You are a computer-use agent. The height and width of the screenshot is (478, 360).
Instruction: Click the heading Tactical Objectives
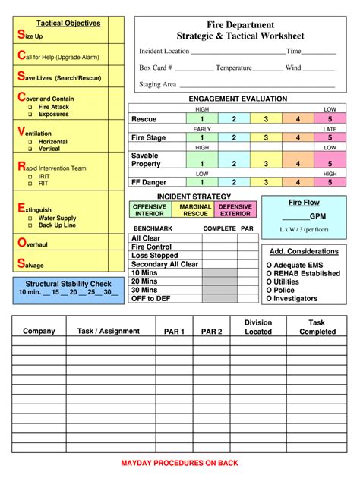68,24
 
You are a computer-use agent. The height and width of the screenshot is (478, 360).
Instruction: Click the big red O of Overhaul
21,242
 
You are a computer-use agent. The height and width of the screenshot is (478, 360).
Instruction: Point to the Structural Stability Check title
69,284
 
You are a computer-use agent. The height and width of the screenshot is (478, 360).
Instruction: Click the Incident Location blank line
237,52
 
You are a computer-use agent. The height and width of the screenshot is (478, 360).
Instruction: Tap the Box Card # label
156,68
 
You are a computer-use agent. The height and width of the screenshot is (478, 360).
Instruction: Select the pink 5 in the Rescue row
330,119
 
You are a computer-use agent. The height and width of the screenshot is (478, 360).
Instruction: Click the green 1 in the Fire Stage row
201,138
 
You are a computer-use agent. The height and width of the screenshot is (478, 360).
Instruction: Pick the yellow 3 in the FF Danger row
266,183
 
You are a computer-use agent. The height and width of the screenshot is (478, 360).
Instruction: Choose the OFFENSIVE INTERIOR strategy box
150,210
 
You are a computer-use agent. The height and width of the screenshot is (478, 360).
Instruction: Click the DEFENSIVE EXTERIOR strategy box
235,210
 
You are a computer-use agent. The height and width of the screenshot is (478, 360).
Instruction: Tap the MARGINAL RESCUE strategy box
195,210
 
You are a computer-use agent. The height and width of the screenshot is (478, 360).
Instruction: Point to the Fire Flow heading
304,203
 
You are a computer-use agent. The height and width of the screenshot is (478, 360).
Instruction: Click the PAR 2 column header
212,332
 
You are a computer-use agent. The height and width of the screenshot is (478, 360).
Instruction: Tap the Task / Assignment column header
109,332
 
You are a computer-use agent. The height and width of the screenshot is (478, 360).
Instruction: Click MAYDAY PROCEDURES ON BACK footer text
180,463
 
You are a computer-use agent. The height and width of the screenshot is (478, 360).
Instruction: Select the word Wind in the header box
293,68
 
